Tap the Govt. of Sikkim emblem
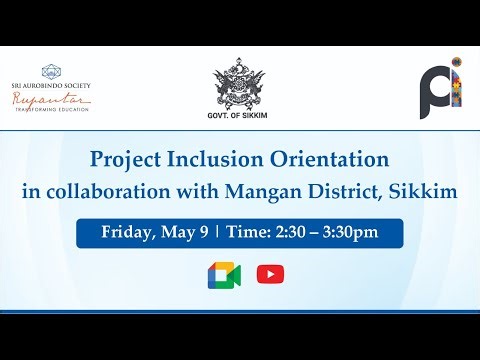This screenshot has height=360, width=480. pos(240,89)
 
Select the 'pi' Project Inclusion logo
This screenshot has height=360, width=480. pos(440,88)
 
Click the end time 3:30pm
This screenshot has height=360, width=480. pos(350,233)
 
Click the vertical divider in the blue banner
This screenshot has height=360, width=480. pos(217,233)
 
